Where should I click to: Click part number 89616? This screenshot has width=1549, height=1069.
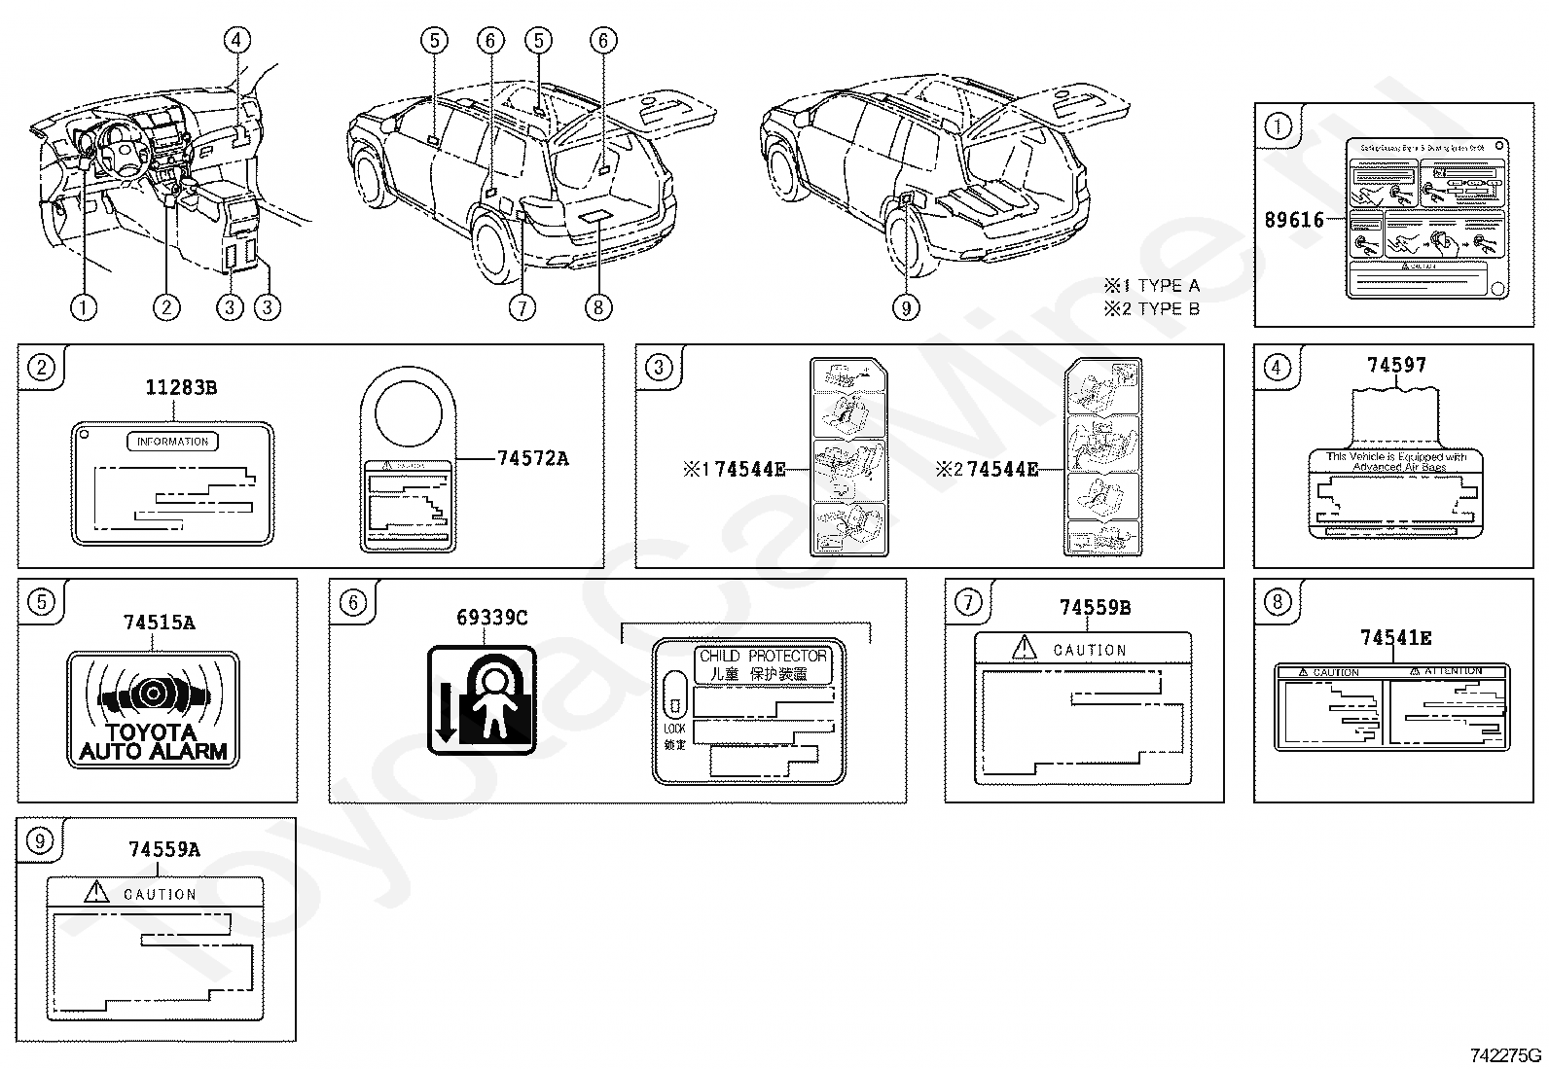click(1294, 220)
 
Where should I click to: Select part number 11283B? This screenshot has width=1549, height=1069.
click(181, 388)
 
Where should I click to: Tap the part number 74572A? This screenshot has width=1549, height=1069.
click(532, 458)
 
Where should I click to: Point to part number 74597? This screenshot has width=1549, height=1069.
click(1396, 365)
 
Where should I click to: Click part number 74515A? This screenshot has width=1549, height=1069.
click(159, 623)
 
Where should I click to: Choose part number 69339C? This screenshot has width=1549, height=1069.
click(491, 618)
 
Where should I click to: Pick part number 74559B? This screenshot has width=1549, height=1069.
click(1095, 608)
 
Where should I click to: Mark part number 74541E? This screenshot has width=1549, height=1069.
click(1395, 638)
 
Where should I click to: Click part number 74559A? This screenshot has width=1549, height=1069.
click(163, 849)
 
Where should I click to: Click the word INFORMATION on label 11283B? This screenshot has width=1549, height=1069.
click(173, 442)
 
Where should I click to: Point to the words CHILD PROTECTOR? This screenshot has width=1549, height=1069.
click(764, 657)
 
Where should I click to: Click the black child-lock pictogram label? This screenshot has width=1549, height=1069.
click(483, 699)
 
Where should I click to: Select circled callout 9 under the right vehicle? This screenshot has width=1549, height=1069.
click(906, 308)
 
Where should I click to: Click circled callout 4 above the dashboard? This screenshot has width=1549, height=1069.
click(236, 40)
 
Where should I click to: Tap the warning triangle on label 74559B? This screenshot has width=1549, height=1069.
click(1025, 647)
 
